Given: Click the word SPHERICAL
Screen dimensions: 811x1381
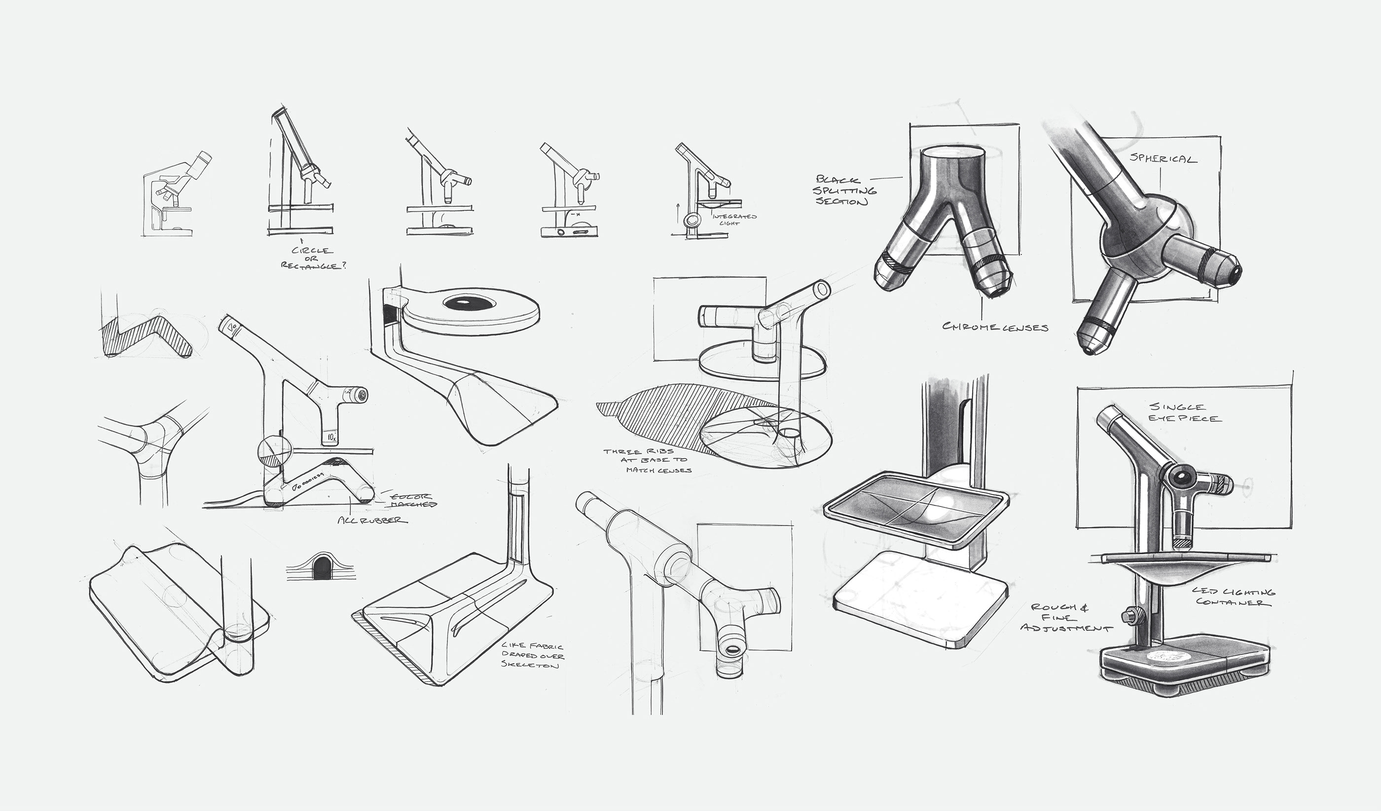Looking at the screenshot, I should click(1163, 159).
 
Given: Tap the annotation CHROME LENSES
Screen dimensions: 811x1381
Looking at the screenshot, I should click(995, 327).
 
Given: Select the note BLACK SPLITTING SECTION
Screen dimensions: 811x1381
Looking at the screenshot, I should click(845, 190).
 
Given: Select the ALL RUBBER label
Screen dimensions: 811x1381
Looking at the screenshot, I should click(373, 520).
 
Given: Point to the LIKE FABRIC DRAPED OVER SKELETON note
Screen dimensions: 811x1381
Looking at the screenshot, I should click(531, 656).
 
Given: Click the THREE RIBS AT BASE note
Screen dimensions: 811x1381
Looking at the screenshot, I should click(647, 461).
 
